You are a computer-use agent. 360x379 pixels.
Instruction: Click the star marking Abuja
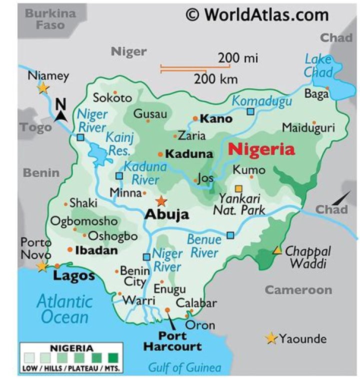coord(161,201)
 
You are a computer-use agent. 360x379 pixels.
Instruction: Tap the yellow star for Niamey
coord(43,88)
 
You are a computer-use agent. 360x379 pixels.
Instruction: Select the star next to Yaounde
coord(271,338)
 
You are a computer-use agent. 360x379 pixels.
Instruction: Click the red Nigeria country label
coord(261,149)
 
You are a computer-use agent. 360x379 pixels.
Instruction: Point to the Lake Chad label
coord(318,65)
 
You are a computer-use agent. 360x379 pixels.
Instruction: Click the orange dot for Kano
coord(195,119)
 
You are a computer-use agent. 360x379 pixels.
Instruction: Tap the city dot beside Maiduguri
coord(314,122)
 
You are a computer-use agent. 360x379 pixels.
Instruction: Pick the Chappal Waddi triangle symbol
coord(276,250)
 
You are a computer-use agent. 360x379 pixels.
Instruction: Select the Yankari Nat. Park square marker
coord(238,188)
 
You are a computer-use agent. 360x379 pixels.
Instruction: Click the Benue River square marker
coord(230,235)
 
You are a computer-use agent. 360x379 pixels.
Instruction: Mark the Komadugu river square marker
coord(250,111)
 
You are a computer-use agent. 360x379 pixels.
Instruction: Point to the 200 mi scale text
coord(238,58)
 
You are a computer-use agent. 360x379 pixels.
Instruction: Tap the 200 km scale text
coord(215,78)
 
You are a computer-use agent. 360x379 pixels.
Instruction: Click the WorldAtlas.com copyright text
coord(257,14)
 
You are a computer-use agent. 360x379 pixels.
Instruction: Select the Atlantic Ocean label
coord(64,309)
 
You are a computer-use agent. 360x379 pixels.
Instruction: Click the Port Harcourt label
coord(172,340)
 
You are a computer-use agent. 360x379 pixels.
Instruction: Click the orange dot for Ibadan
coord(70,250)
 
